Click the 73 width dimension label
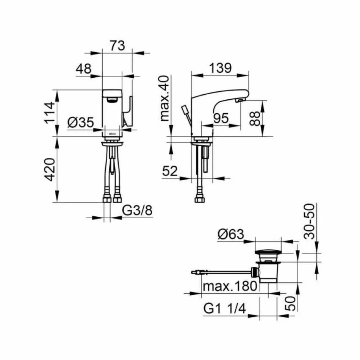pos(118,46)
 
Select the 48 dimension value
pos(84,69)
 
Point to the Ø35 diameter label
pos(80,122)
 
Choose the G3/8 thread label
pos(137,211)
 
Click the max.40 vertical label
pos(164,98)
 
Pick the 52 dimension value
pos(170,171)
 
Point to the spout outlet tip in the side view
pos(241,100)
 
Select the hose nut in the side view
pos(198,199)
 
